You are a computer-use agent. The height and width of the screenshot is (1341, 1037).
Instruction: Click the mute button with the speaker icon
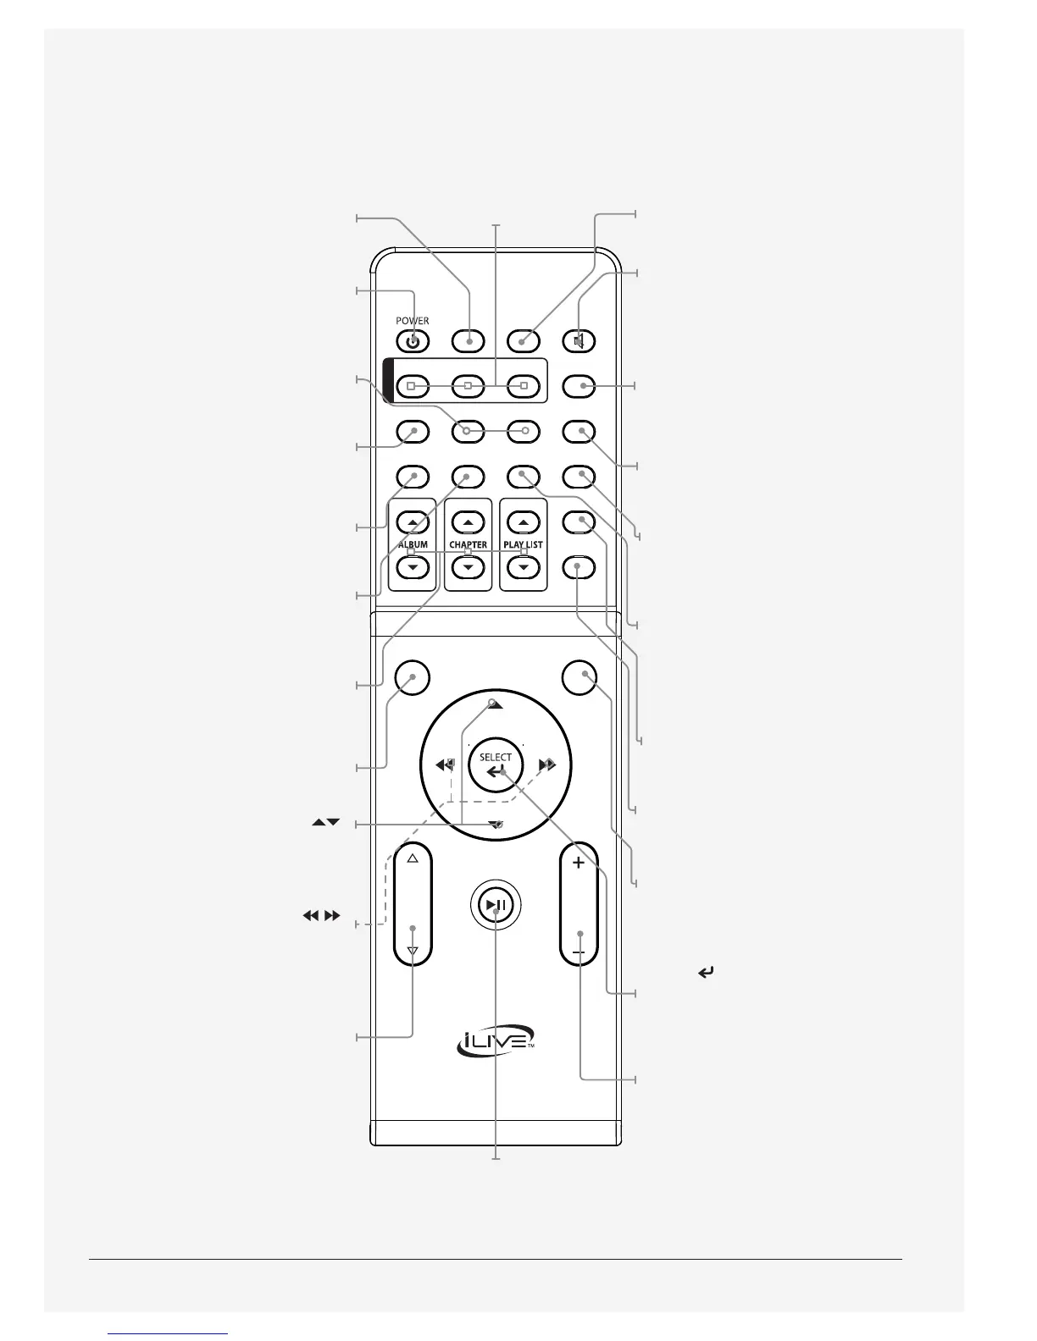(580, 341)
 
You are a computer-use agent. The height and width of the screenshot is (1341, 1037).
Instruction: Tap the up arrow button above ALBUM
(413, 523)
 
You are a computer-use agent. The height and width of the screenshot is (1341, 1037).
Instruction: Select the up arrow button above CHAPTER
(469, 523)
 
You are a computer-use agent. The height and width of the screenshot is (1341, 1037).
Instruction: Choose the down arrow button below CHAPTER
(469, 566)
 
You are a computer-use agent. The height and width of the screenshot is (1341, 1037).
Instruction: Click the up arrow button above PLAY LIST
(524, 523)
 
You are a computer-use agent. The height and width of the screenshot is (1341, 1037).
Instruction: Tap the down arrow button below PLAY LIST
(524, 566)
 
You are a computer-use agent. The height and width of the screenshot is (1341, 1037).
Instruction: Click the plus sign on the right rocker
(579, 864)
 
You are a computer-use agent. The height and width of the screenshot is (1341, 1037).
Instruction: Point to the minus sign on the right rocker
(579, 953)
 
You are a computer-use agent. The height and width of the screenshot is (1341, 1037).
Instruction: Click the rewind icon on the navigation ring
(444, 765)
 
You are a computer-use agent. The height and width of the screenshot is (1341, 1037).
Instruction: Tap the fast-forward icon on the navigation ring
(547, 765)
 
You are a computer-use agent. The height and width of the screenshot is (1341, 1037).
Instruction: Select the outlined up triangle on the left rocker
(413, 858)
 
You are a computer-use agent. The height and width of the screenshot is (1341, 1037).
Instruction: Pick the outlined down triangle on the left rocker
(413, 952)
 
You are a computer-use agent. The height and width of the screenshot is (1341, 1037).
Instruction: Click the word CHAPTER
(469, 544)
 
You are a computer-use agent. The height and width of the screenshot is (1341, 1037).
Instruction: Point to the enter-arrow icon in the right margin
(705, 974)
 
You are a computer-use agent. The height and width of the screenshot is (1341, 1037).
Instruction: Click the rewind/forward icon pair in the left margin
(321, 915)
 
